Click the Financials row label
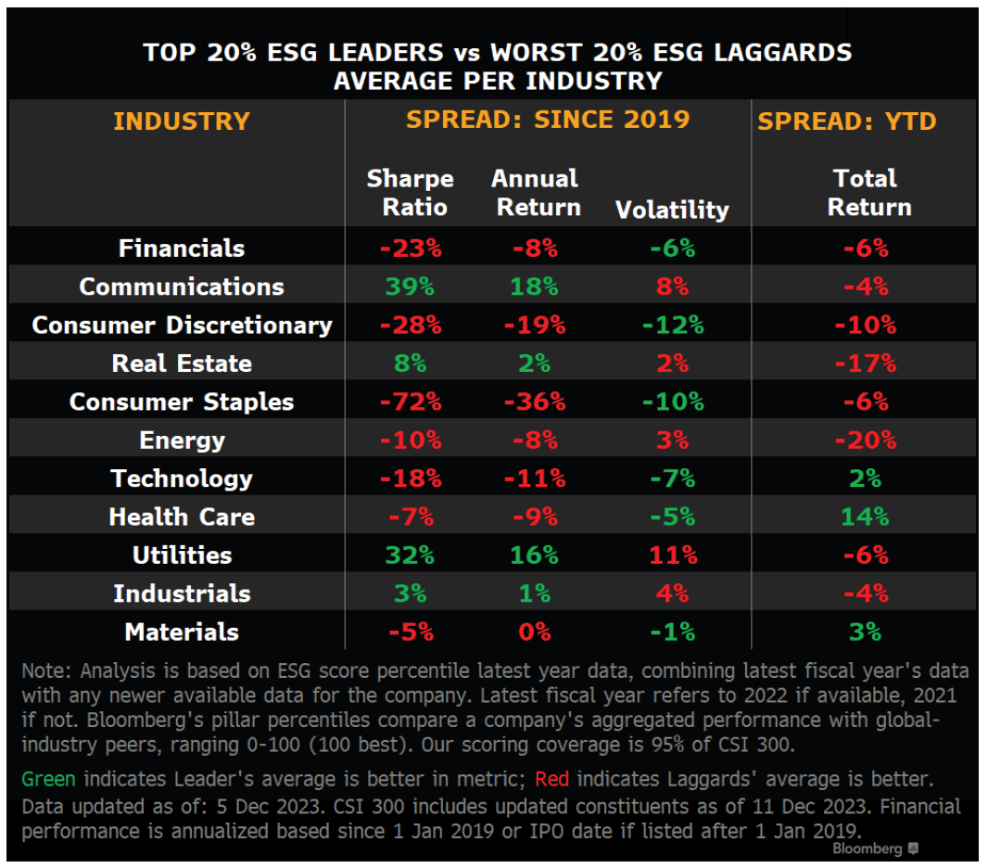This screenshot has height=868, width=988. [182, 249]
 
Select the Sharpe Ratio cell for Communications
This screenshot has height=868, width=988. [410, 287]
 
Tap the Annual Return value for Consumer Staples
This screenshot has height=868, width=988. [534, 402]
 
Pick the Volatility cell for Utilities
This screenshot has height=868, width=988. [672, 555]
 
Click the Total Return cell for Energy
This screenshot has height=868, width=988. [865, 440]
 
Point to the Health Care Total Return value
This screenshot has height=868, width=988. [865, 517]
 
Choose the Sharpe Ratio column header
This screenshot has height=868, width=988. [410, 192]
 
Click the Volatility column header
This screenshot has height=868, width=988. [672, 210]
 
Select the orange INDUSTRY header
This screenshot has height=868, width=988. [182, 121]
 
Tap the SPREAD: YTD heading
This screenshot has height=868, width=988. [846, 121]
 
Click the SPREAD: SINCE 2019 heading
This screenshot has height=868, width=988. [548, 119]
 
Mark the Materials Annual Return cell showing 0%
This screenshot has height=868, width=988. [534, 632]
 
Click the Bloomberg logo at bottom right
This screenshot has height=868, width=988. [875, 849]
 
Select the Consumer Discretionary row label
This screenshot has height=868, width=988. [182, 325]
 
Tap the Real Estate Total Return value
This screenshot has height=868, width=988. [865, 364]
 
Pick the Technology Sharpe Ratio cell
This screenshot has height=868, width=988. [410, 479]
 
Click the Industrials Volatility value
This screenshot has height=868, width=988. [672, 594]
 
